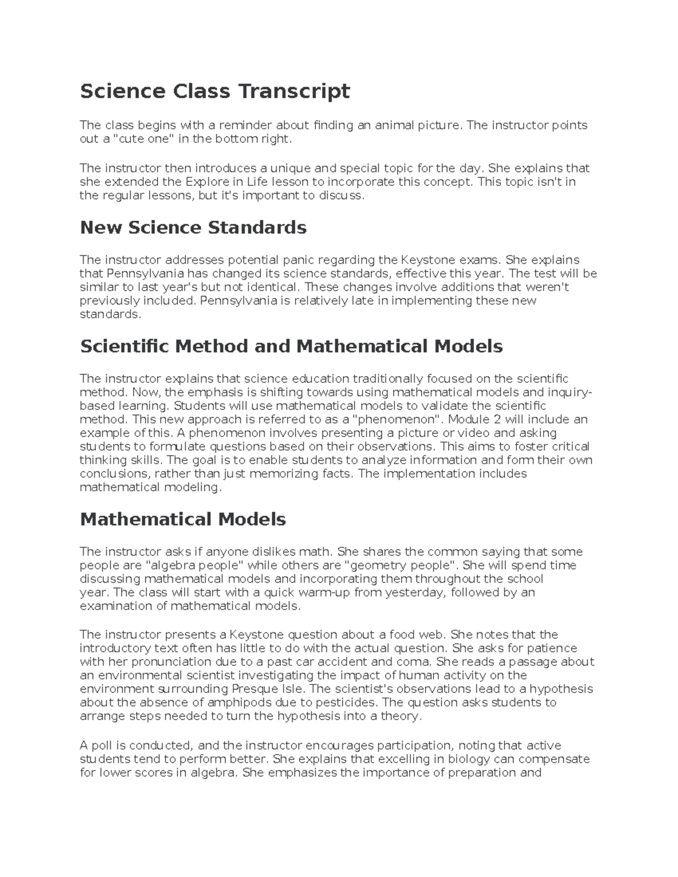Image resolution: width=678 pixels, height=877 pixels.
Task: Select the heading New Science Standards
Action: click(x=193, y=228)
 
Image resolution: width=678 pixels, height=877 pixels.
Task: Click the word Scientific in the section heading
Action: click(x=125, y=346)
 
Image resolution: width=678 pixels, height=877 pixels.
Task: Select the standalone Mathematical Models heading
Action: click(x=183, y=520)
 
